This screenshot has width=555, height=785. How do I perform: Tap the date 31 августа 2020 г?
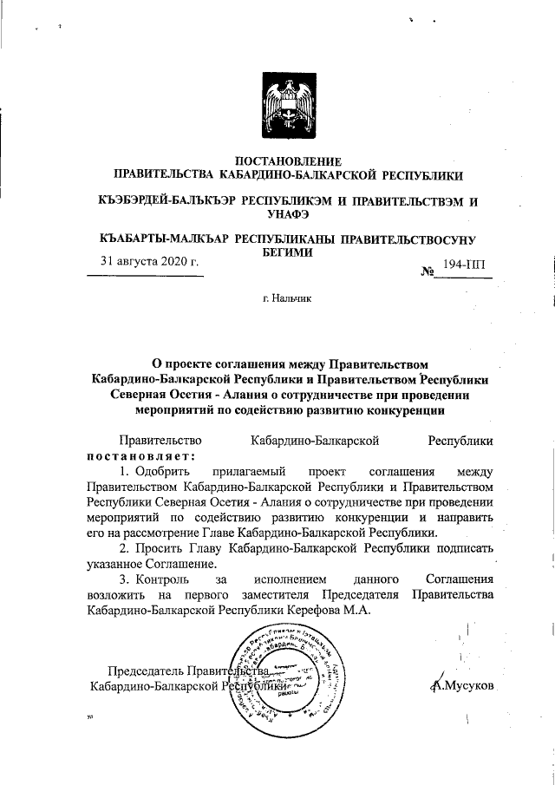pos(145,261)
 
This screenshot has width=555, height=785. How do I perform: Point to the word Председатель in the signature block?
pos(145,671)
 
